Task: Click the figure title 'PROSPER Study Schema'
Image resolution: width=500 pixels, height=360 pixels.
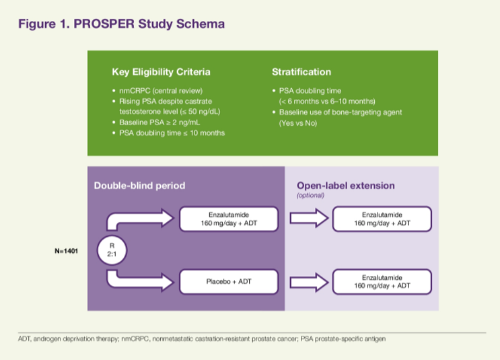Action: (x=149, y=24)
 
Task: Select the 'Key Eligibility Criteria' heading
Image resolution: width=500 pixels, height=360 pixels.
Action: (x=161, y=72)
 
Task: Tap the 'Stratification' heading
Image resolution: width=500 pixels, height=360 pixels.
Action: (x=301, y=72)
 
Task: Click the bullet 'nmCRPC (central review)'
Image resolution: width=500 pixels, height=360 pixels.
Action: (x=161, y=91)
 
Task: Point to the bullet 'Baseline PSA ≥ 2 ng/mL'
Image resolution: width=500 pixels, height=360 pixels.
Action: (x=159, y=122)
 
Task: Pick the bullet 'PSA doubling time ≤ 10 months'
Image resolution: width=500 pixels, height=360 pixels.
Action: (x=172, y=133)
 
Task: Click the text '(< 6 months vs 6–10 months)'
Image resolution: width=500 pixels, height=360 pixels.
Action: (x=327, y=102)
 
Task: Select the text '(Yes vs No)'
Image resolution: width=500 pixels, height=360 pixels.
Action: (x=298, y=123)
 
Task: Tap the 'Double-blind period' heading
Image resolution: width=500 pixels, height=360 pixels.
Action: (x=139, y=186)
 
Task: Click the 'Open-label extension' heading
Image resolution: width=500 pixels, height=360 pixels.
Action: (x=346, y=186)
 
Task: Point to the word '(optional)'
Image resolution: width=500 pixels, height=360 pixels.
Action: (x=310, y=195)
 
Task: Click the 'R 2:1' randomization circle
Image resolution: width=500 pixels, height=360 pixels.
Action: (x=112, y=250)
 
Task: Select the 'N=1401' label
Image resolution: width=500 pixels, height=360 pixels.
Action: (x=67, y=251)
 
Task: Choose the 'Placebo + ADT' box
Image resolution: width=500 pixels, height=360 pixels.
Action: (x=229, y=281)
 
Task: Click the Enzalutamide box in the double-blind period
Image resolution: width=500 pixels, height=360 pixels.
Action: (x=229, y=219)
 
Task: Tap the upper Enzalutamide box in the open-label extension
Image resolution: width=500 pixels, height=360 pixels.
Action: (x=382, y=219)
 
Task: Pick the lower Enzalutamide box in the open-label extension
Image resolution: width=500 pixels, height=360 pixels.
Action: (x=382, y=281)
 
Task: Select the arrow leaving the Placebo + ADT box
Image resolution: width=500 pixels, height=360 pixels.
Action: (x=309, y=282)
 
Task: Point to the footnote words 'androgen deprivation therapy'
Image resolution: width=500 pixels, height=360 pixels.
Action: (x=76, y=338)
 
